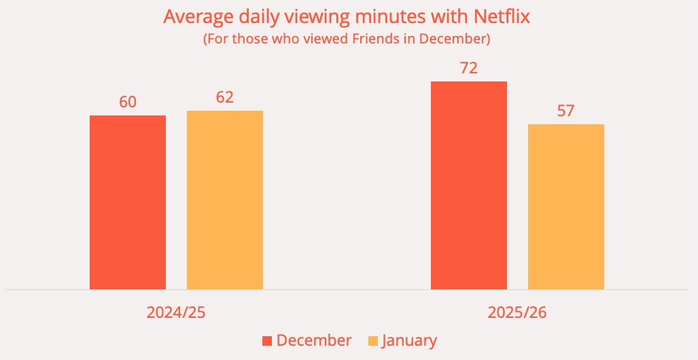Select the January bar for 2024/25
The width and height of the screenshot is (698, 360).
225,200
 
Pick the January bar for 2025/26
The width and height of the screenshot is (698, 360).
566,206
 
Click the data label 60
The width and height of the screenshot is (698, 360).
128,102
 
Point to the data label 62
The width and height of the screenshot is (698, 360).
225,97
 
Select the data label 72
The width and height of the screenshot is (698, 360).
469,68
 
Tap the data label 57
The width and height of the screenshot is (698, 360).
566,111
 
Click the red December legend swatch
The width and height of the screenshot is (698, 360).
267,341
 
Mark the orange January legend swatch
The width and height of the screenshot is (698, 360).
373,341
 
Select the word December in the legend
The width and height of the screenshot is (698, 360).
314,340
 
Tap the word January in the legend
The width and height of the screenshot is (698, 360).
409,340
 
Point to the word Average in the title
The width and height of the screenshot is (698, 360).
197,16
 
